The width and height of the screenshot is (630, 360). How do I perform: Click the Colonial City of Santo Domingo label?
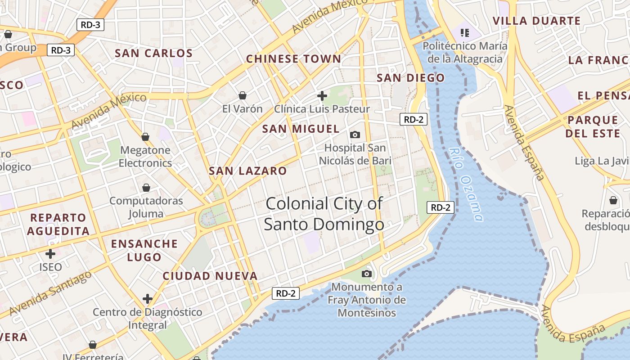[x=324, y=214]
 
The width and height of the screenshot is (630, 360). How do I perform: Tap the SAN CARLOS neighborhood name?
[x=153, y=53]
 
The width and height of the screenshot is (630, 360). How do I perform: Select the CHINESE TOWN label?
[x=293, y=59]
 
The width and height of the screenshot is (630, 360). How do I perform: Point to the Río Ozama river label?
[x=466, y=184]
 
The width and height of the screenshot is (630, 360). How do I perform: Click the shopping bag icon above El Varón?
[x=243, y=95]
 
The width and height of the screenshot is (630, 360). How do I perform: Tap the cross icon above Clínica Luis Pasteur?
[x=322, y=95]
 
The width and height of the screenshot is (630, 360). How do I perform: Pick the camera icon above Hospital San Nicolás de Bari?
[x=355, y=135]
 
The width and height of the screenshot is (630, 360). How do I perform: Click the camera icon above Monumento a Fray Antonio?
[x=367, y=274]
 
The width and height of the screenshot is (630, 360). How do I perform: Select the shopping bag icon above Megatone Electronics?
[x=145, y=137]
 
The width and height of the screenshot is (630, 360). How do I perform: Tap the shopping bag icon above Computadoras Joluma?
[x=146, y=188]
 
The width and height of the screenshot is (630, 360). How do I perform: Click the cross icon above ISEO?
[x=50, y=254]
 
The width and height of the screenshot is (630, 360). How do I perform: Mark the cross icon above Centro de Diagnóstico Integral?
[x=148, y=299]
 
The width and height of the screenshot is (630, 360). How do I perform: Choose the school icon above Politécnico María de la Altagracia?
[x=465, y=32]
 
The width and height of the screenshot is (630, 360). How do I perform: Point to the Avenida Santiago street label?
[x=50, y=293]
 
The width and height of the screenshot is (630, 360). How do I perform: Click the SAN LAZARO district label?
[x=247, y=171]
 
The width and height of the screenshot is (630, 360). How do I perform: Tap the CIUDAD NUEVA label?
[x=210, y=276]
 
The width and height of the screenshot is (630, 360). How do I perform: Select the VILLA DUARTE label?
[x=536, y=21]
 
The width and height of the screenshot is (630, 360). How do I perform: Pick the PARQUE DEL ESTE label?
[x=592, y=126]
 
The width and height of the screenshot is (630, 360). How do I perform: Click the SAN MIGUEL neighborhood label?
[x=301, y=129]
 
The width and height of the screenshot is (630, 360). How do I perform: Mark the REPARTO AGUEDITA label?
[x=58, y=224]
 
